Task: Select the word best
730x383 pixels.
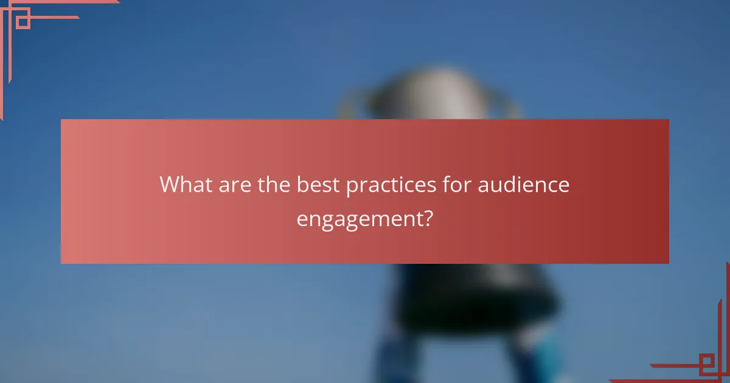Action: tap(318, 185)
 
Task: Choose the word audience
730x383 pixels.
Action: tap(524, 185)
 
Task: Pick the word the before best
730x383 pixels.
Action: tap(274, 185)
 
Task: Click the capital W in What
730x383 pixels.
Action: tap(170, 185)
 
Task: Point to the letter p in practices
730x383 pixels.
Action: tap(352, 187)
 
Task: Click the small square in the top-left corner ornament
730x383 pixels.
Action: tap(23, 22)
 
